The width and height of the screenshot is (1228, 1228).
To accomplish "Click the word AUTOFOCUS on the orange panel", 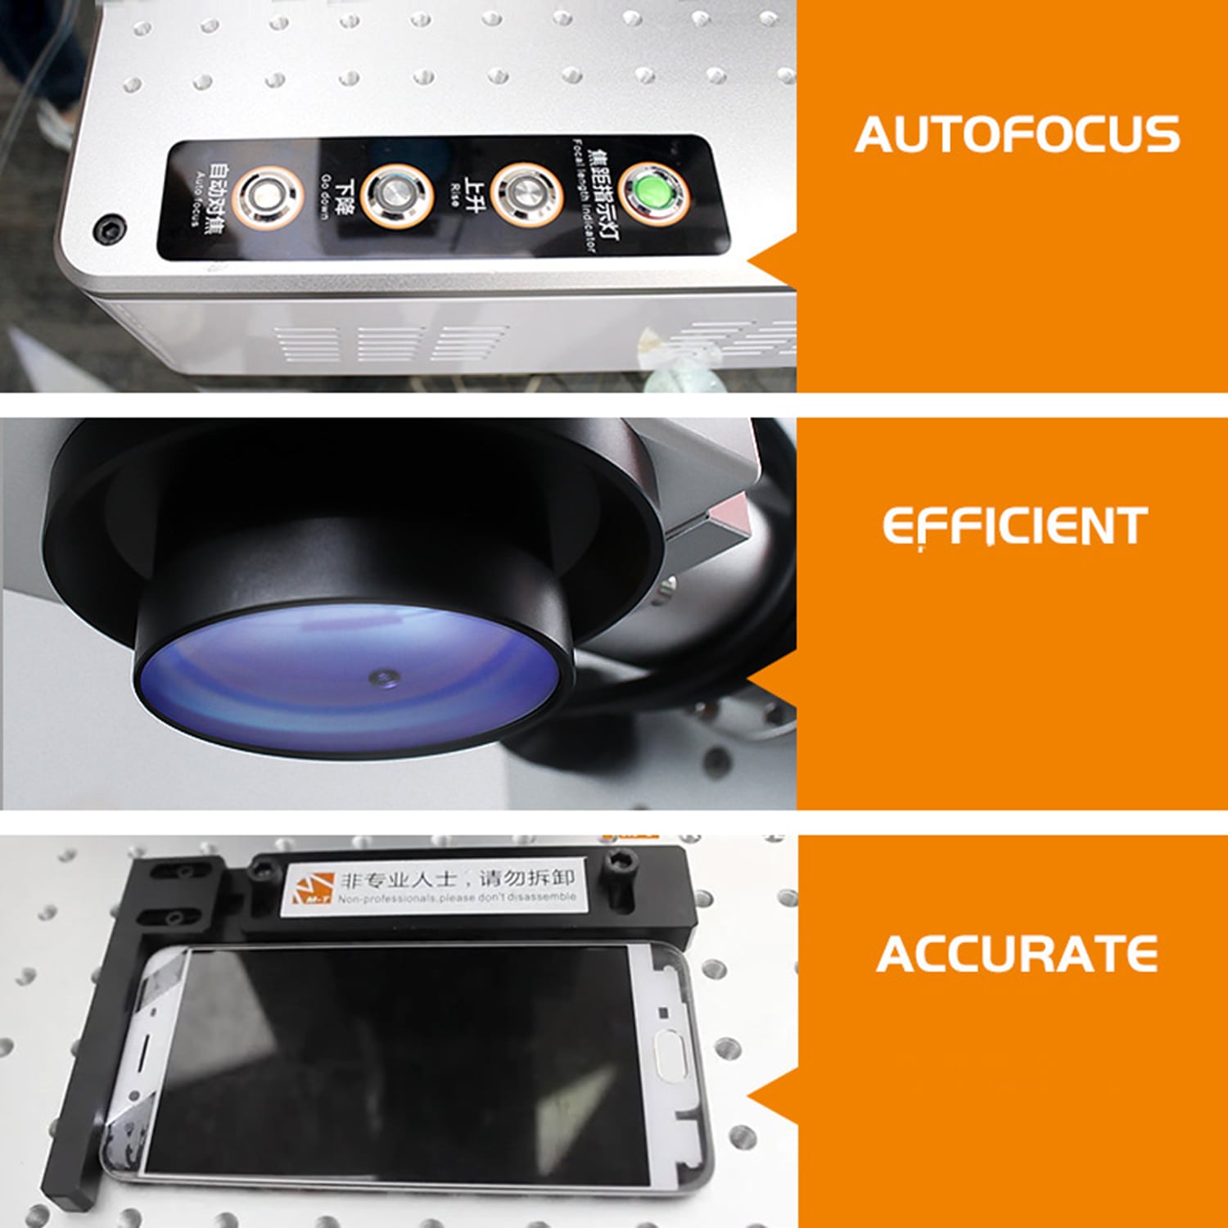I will (1017, 135).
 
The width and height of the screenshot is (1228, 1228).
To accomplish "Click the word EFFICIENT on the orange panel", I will (1014, 526).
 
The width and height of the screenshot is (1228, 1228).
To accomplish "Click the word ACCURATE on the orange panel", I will (1017, 955).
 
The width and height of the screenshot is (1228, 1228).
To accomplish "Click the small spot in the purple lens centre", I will (382, 677).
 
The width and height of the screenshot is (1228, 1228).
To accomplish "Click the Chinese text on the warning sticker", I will (458, 878).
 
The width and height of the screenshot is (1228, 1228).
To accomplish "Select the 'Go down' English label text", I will (325, 197).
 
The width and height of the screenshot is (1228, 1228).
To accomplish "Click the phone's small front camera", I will (663, 1014).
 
